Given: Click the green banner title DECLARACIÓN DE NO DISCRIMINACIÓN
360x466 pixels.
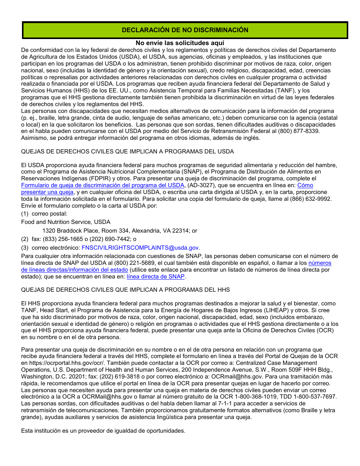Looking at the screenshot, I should tap(185, 30).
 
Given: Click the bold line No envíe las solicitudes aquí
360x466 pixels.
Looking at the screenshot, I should tap(180, 43).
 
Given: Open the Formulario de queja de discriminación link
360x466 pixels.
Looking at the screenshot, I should tap(102, 185).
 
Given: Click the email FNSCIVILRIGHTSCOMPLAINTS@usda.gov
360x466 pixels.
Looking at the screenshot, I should tap(141, 248).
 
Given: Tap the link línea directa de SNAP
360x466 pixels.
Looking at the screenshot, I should tap(156, 277).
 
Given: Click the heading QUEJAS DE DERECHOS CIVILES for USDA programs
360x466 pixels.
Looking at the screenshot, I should tap(127, 152).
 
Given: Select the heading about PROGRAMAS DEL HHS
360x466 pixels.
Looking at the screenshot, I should tap(125, 290).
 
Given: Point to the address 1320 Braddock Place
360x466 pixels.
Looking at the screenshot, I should tap(119, 230).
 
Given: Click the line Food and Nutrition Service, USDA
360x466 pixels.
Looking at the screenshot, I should tap(66, 222).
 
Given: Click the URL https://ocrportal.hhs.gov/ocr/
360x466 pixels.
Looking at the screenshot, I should tap(62, 363).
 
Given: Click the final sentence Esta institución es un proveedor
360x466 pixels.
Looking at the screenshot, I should tap(103, 431).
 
